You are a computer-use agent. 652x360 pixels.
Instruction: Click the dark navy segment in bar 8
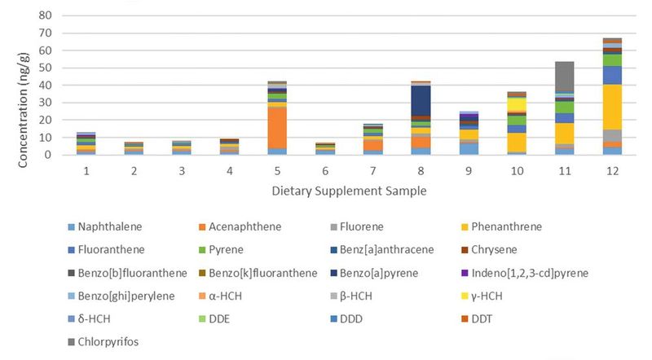(422, 101)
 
